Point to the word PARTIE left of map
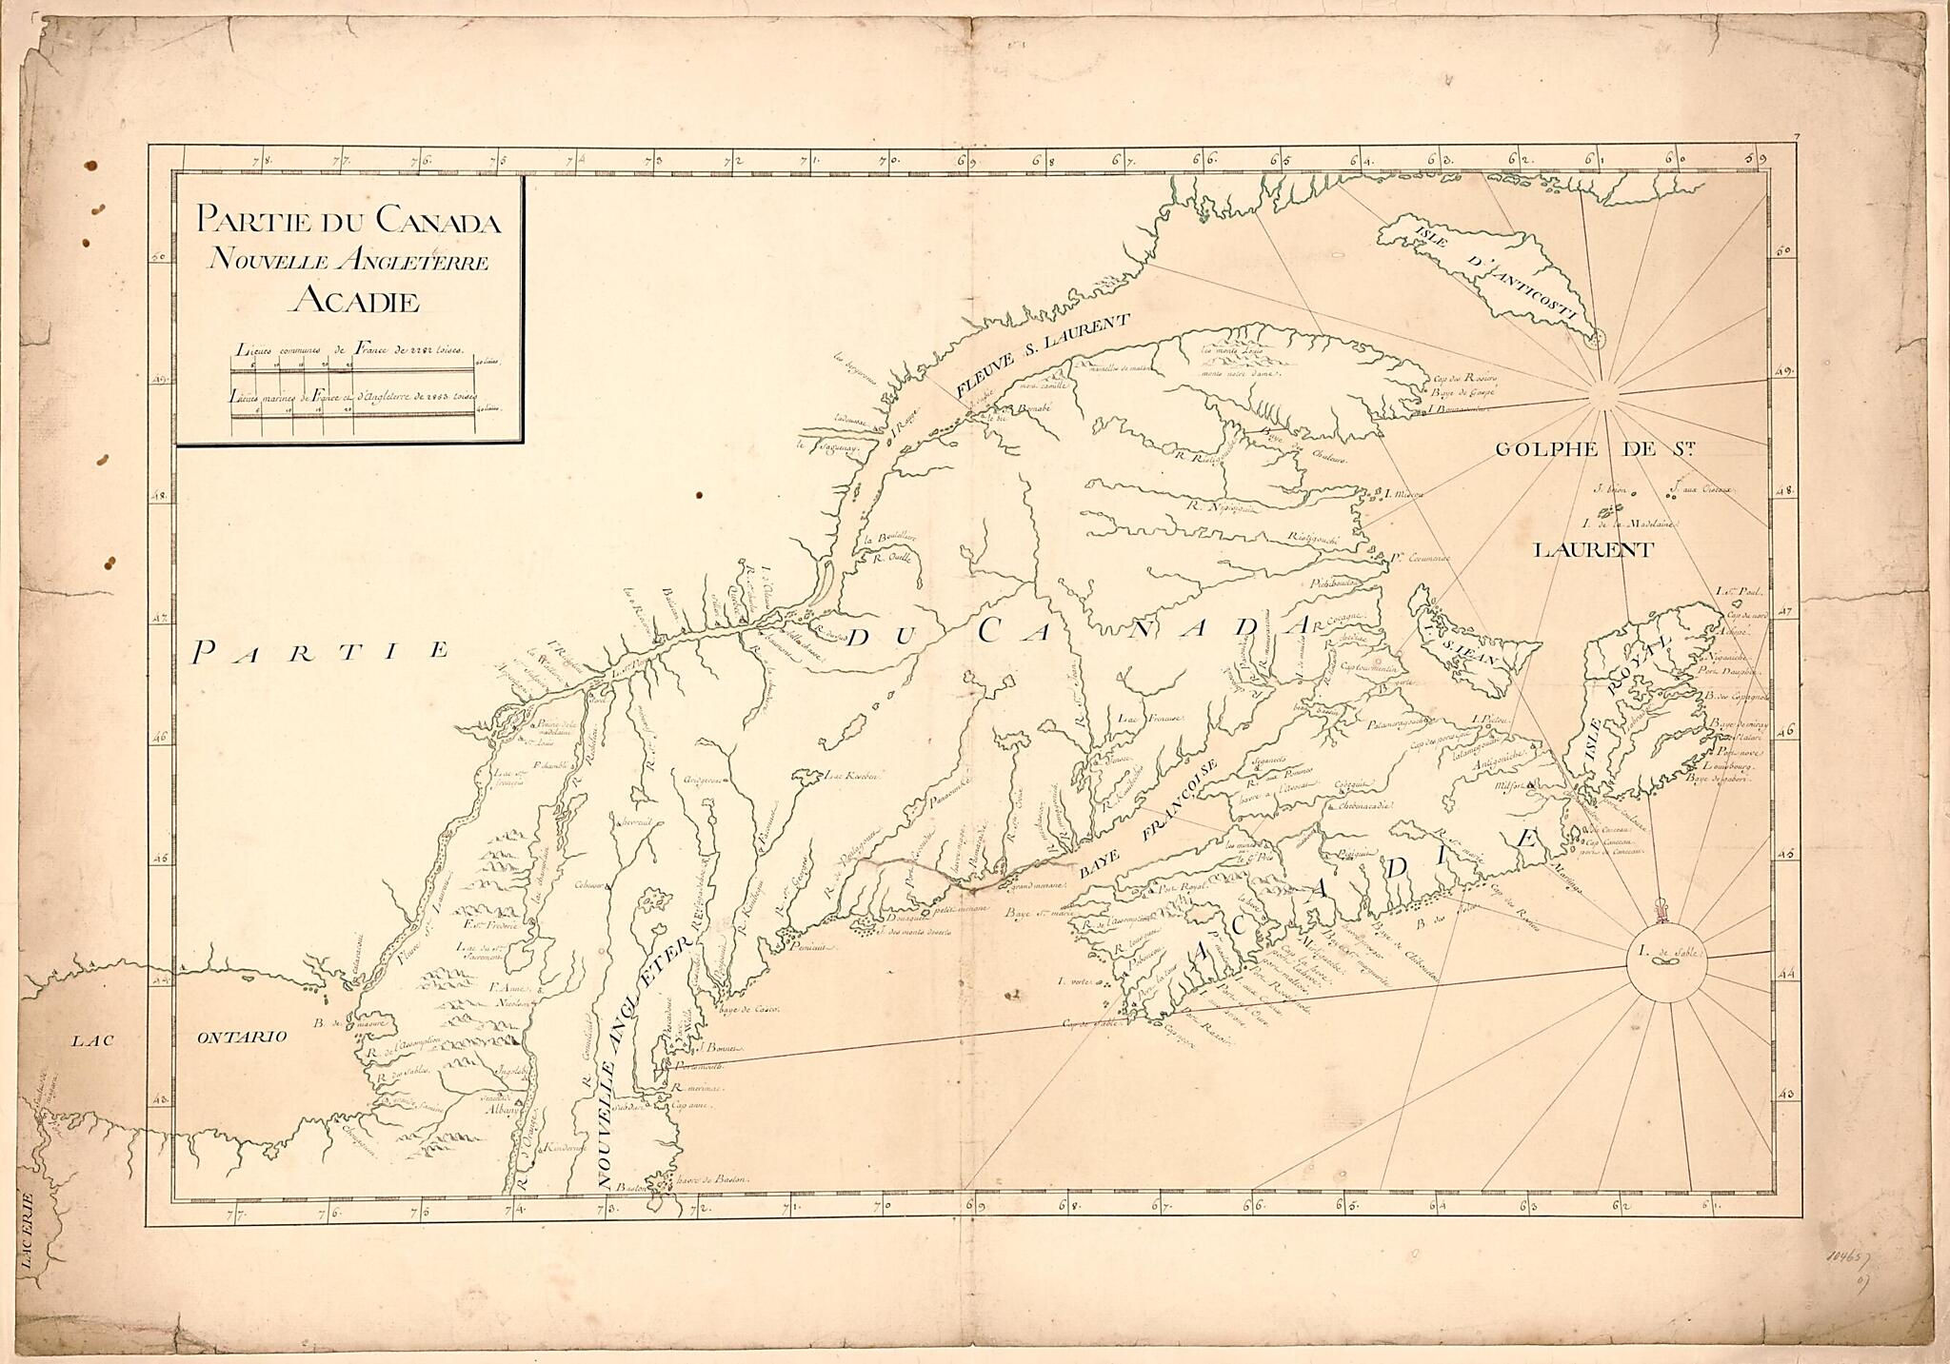point(320,651)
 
